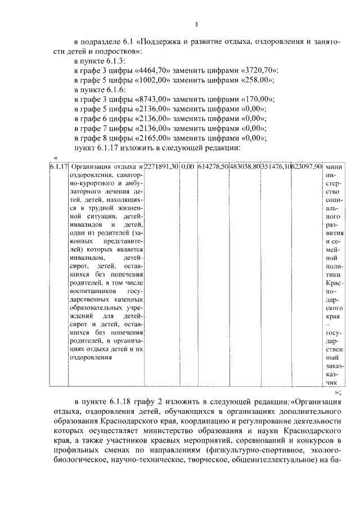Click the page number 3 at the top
pos(196,24)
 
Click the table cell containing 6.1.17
pos(58,167)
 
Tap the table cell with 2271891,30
pos(161,167)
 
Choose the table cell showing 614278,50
pos(213,167)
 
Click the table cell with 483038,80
pos(245,167)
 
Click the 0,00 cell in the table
pos(188,167)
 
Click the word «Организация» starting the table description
pos(93,167)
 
